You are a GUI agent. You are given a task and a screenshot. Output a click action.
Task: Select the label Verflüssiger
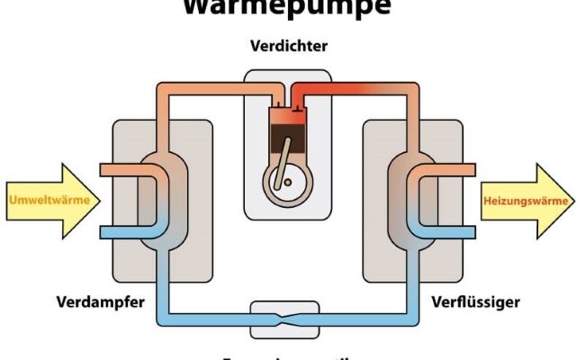[476, 301]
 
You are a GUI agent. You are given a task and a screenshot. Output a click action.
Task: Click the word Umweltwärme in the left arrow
[49, 200]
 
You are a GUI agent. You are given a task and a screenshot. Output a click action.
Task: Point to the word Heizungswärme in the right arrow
[526, 201]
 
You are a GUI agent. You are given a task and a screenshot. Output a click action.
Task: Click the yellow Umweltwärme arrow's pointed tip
[98, 200]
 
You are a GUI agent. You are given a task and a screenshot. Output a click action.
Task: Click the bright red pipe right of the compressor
[360, 89]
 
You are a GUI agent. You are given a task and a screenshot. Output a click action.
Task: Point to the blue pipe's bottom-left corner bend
[167, 317]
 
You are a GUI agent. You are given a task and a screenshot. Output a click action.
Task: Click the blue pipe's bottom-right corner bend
[416, 317]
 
